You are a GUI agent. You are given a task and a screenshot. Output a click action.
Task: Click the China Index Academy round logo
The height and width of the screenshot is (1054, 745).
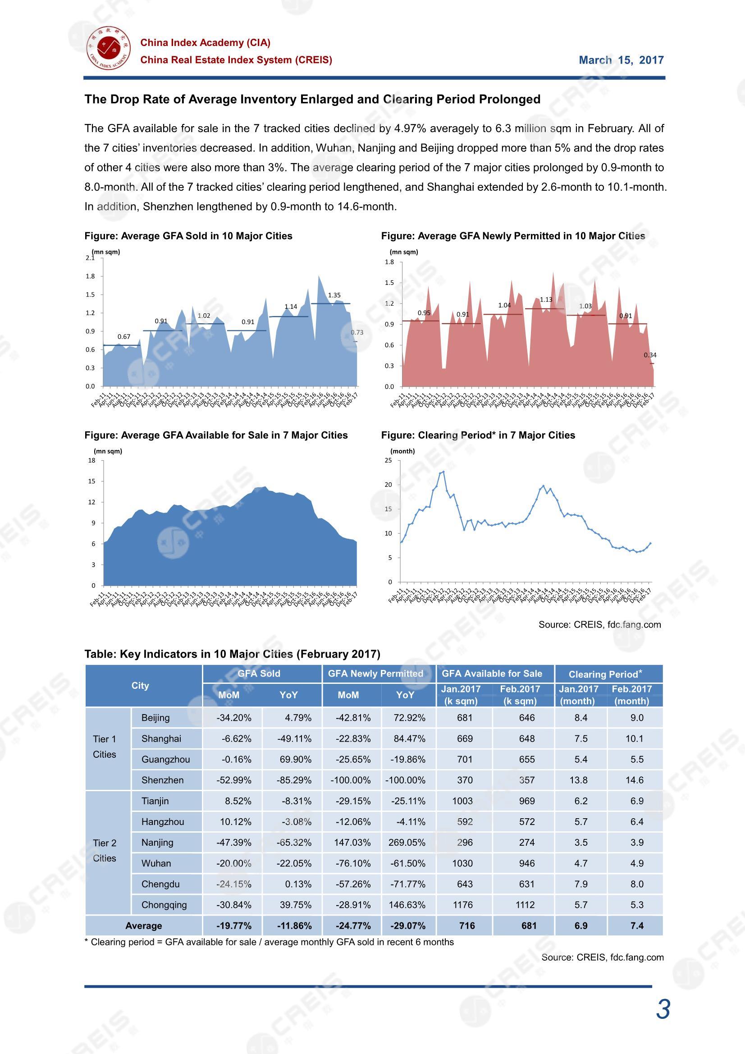108,50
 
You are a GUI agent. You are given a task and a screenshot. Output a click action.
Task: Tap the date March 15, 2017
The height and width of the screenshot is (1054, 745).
621,60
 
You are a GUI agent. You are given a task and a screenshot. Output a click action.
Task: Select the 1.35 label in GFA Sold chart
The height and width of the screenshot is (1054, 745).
334,295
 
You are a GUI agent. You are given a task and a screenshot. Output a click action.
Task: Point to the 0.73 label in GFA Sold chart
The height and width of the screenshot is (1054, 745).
357,332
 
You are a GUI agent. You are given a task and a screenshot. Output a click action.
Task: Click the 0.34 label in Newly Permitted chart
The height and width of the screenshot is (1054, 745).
649,355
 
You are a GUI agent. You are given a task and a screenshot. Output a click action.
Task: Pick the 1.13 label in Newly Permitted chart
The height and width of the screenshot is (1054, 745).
546,300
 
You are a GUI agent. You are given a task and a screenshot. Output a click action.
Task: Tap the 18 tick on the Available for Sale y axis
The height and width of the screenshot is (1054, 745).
92,460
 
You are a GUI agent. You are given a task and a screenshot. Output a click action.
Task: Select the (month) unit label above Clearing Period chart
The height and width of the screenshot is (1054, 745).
402,451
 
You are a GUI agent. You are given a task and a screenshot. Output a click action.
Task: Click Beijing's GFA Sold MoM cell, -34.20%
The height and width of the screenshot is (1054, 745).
233,718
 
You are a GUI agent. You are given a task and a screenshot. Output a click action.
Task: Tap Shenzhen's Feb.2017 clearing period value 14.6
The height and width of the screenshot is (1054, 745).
635,780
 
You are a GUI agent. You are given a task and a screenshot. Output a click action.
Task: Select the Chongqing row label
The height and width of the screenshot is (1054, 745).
164,905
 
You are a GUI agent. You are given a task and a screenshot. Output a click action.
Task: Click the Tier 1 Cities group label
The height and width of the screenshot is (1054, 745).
105,747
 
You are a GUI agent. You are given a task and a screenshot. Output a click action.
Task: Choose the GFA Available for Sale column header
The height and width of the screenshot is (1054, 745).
492,674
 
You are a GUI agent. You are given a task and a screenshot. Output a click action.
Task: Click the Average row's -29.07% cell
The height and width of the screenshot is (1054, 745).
407,926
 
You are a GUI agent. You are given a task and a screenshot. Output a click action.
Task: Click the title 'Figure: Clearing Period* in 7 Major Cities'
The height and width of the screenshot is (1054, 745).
478,435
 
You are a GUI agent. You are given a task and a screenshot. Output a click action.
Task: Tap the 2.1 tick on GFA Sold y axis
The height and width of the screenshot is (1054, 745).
90,258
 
